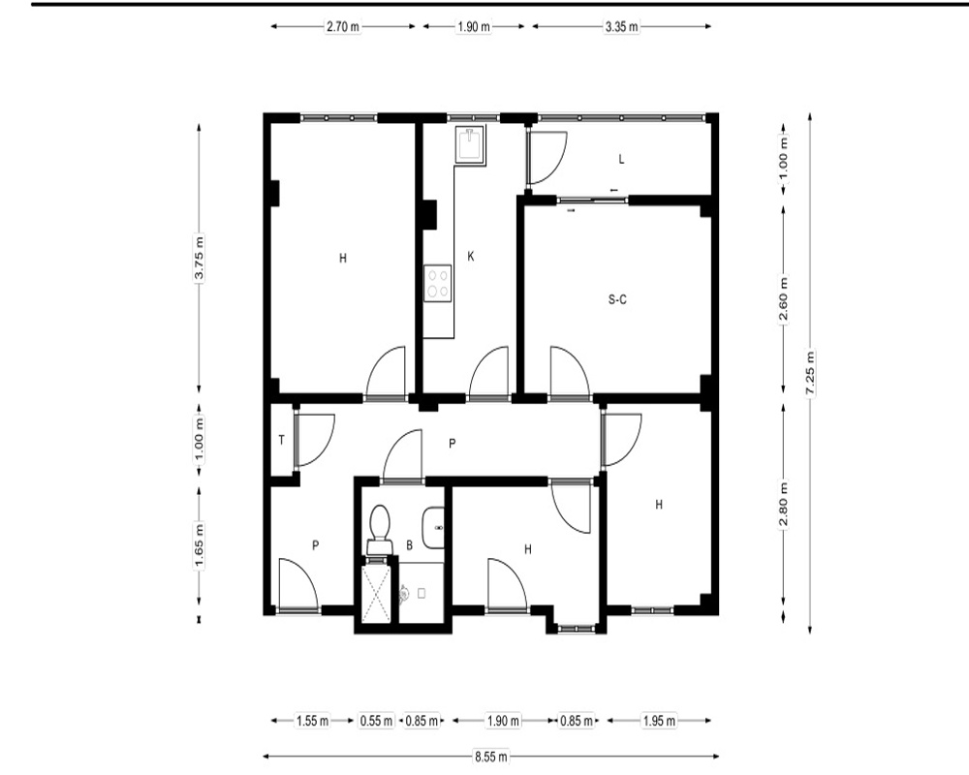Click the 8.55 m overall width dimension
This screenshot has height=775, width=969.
491,756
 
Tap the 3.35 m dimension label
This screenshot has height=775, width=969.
621,26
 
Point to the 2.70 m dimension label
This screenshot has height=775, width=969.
343,26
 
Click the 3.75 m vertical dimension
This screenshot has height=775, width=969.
199,259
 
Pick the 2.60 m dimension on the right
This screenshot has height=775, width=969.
784,299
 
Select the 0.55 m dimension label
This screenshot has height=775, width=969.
376,721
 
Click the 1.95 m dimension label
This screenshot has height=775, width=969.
659,721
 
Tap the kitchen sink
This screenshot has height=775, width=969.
470,144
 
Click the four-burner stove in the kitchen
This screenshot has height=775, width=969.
438,284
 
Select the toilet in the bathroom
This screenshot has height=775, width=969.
380,529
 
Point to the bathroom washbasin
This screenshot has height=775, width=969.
433,528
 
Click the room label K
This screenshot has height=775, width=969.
471,256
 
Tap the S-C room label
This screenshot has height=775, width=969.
617,299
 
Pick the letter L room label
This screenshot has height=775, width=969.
622,160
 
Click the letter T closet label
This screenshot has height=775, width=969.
282,440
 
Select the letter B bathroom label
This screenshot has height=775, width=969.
409,545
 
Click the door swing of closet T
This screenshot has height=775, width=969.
315,440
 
